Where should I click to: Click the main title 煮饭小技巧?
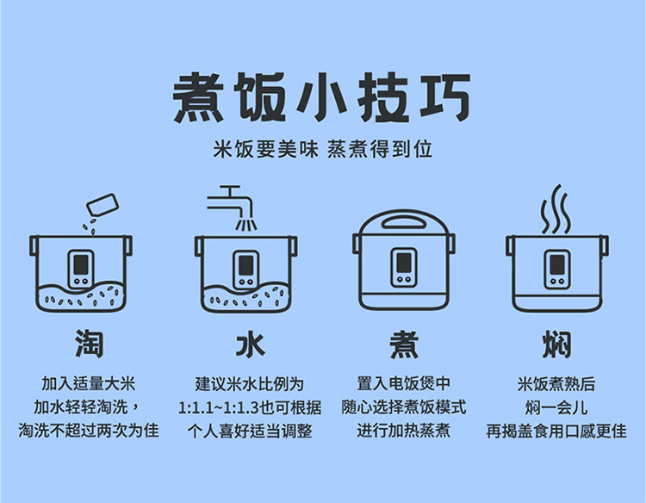(322, 97)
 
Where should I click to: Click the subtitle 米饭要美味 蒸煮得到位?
(323, 149)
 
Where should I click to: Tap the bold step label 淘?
(90, 344)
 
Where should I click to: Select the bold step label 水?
(250, 344)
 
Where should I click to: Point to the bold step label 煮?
(404, 344)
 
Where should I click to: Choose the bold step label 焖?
(556, 344)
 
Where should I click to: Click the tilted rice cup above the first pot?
(102, 205)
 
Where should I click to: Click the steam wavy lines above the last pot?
(556, 209)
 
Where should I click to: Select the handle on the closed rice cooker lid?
(404, 222)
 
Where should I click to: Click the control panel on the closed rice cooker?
(404, 267)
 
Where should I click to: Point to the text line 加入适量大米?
(89, 383)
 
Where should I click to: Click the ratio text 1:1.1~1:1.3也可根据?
(250, 407)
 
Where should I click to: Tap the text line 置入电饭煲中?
(404, 383)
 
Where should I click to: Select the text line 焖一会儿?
(556, 407)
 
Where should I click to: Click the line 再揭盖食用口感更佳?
(556, 431)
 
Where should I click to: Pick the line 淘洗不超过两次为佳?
(89, 431)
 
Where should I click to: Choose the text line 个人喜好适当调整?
(250, 431)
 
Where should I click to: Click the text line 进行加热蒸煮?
(404, 431)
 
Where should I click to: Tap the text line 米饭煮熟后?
(556, 383)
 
